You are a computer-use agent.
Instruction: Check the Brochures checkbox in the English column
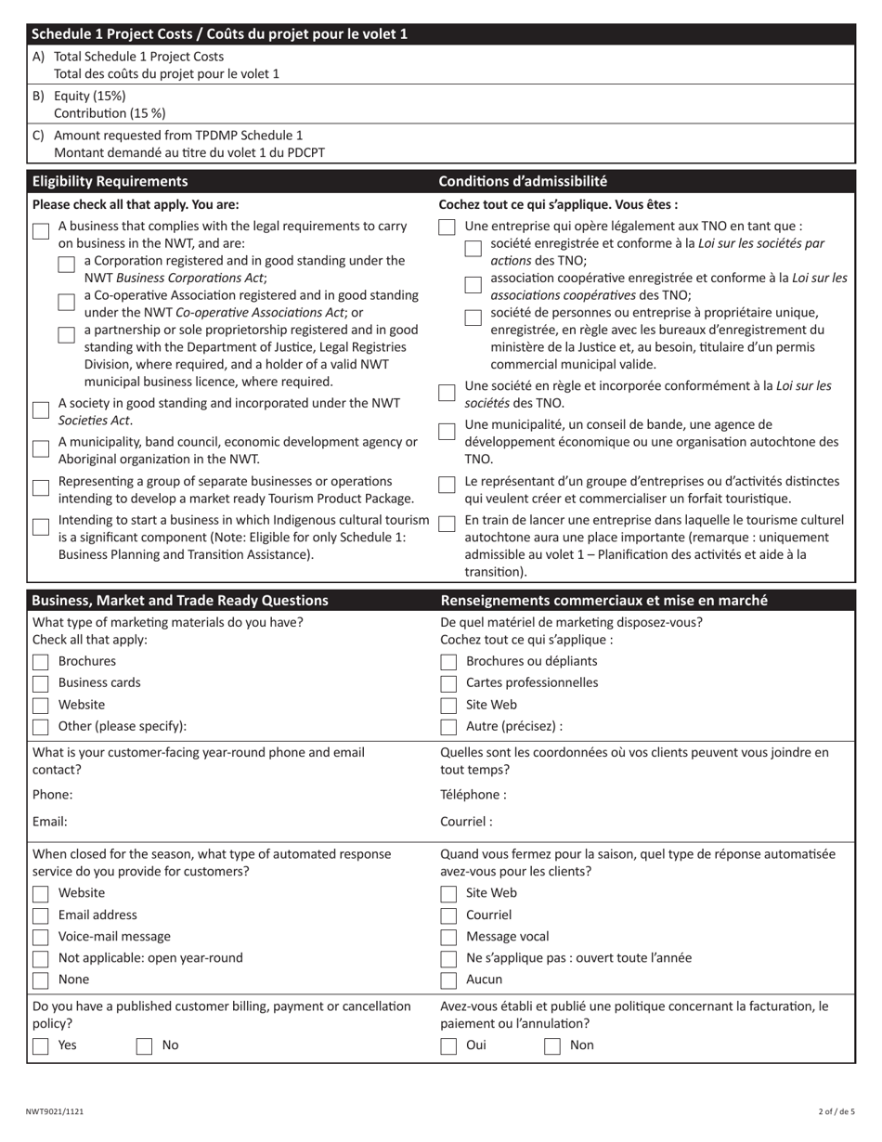pos(41,662)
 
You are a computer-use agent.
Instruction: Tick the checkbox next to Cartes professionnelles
pos(448,684)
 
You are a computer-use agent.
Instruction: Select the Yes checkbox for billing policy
pos(41,1046)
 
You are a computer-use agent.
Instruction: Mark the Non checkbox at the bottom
pos(552,1046)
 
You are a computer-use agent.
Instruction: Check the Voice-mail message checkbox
pos(41,938)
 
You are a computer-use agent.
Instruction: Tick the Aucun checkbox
pos(448,980)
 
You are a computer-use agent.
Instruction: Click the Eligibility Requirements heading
pos(110,181)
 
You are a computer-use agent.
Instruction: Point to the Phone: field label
pos(53,795)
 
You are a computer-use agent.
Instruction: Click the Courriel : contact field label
pos(466,822)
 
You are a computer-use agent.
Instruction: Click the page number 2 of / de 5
pos(836,1111)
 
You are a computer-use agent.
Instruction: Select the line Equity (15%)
pos(89,96)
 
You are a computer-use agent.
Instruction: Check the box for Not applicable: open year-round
pos(41,959)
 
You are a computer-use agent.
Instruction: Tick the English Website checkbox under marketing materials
pos(41,706)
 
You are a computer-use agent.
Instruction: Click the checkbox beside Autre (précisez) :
pos(448,727)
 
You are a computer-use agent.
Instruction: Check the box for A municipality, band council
pos(41,448)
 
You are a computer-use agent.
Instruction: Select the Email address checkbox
pos(41,916)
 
